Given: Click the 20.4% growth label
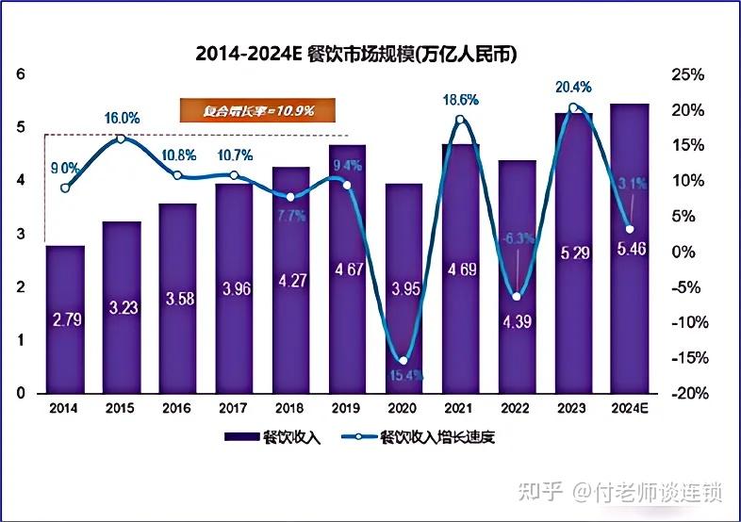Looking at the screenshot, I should [573, 87].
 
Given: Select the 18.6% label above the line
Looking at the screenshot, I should [460, 99].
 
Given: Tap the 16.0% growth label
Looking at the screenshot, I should [122, 119].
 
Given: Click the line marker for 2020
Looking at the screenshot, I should [403, 361].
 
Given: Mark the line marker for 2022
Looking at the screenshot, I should [517, 297].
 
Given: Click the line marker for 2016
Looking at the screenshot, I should [178, 175].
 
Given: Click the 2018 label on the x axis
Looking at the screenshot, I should [290, 408].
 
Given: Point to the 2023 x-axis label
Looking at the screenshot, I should [573, 408].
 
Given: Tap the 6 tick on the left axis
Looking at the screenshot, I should [21, 74].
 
